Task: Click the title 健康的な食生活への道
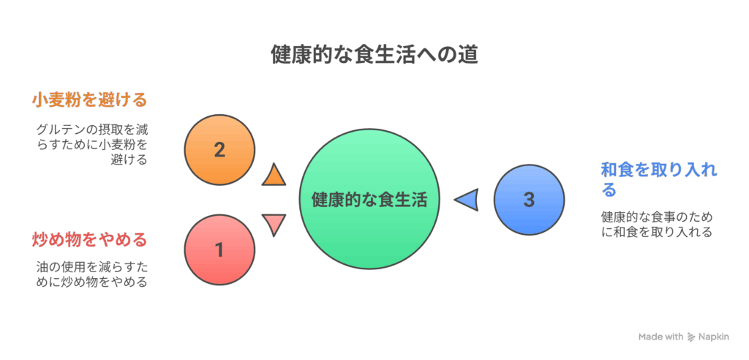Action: coord(374,55)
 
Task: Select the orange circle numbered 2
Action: coord(219,150)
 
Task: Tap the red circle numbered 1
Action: coord(219,249)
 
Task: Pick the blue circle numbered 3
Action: coord(529,199)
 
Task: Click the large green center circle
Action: coord(369,199)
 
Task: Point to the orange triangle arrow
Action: coord(274,174)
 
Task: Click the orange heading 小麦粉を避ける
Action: coord(89,101)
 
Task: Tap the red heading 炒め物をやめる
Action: coord(89,239)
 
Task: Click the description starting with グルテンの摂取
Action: coord(91,144)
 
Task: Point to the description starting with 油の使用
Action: coord(91,274)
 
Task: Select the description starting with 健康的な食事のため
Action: coord(657,224)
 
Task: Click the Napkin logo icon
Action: coord(691,337)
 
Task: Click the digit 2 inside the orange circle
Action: coord(219,150)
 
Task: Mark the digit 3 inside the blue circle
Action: coord(529,200)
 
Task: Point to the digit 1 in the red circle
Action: coord(219,250)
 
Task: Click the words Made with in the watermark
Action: coord(661,337)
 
